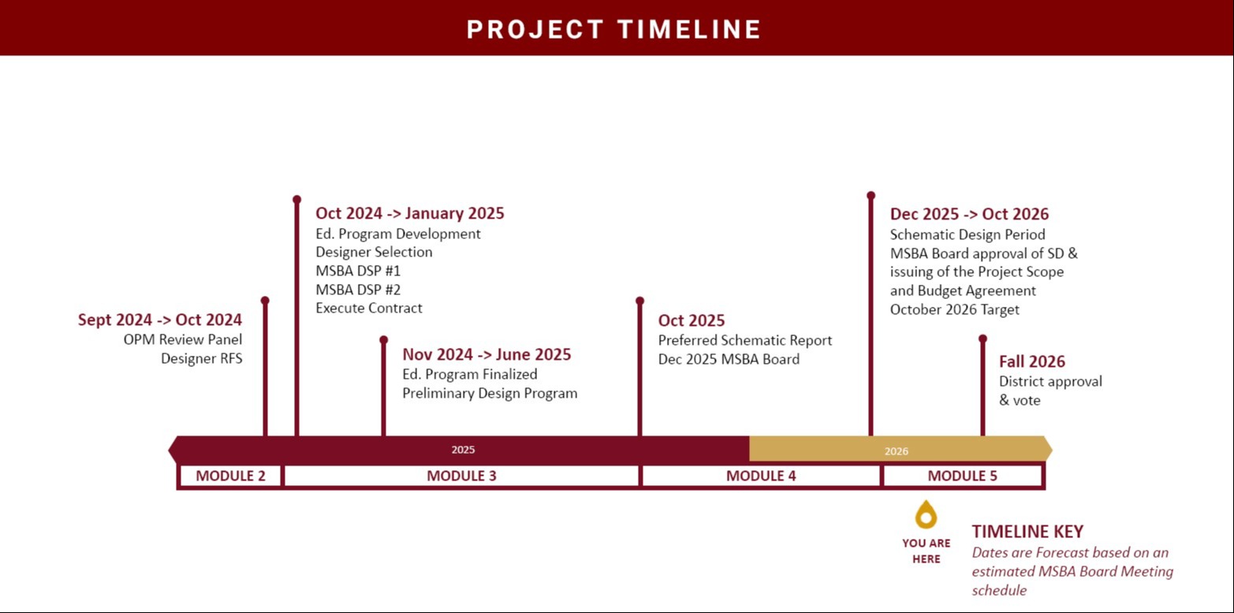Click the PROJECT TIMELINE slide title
(x=613, y=29)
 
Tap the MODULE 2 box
(x=229, y=476)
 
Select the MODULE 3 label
(x=461, y=476)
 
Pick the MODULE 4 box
(x=761, y=476)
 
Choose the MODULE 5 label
(x=962, y=476)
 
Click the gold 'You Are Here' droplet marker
(x=926, y=515)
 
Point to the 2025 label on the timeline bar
(x=463, y=450)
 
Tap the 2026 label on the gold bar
(x=896, y=451)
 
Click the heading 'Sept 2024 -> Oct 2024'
(x=160, y=320)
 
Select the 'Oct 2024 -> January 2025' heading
(x=409, y=213)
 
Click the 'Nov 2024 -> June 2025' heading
(x=487, y=354)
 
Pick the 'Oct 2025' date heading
(x=692, y=320)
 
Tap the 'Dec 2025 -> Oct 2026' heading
(x=969, y=214)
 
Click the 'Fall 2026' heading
(x=1031, y=361)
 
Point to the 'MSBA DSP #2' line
(x=358, y=290)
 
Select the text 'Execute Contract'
(x=369, y=308)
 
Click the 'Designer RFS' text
(x=201, y=358)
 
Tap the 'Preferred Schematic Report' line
(x=745, y=340)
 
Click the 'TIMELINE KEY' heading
(x=1027, y=531)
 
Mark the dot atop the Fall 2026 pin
(x=982, y=338)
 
